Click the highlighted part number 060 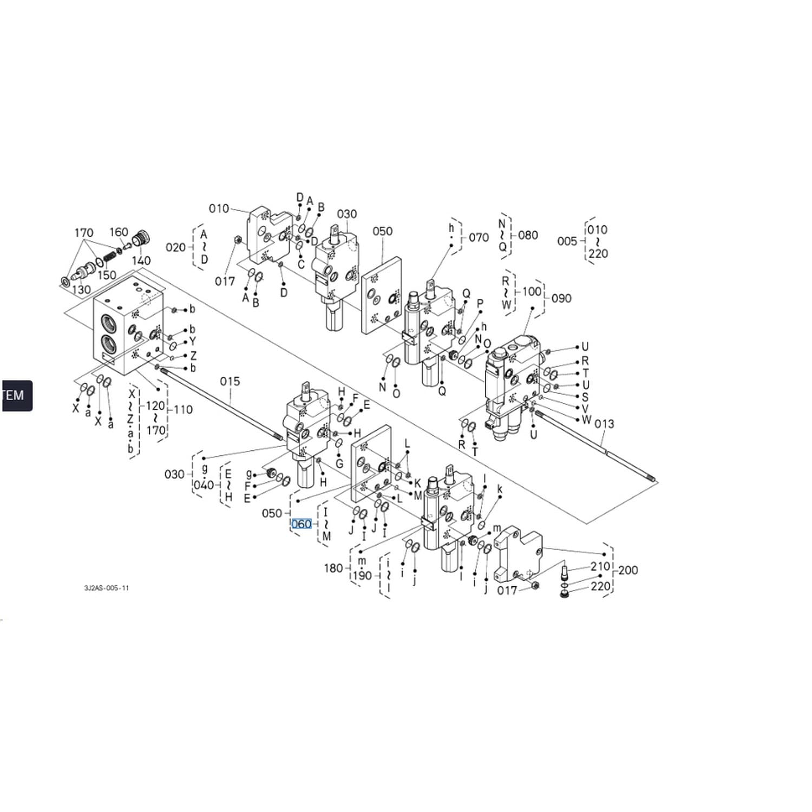[302, 524]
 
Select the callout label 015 [230, 382]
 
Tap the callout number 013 [604, 423]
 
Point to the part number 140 [141, 260]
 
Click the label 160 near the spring [119, 232]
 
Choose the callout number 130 [81, 289]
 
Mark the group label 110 [183, 410]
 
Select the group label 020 [176, 247]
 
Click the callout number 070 [479, 237]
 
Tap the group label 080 [528, 235]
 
